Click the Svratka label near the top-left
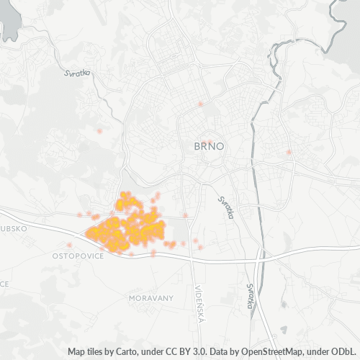click(x=77, y=73)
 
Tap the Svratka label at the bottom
click(x=250, y=296)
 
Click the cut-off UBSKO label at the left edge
click(x=14, y=228)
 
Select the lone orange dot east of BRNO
click(x=289, y=152)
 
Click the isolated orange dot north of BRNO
click(x=200, y=104)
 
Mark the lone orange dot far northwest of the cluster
click(x=99, y=130)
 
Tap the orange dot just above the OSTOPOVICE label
click(x=70, y=245)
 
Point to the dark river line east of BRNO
click(x=260, y=180)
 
